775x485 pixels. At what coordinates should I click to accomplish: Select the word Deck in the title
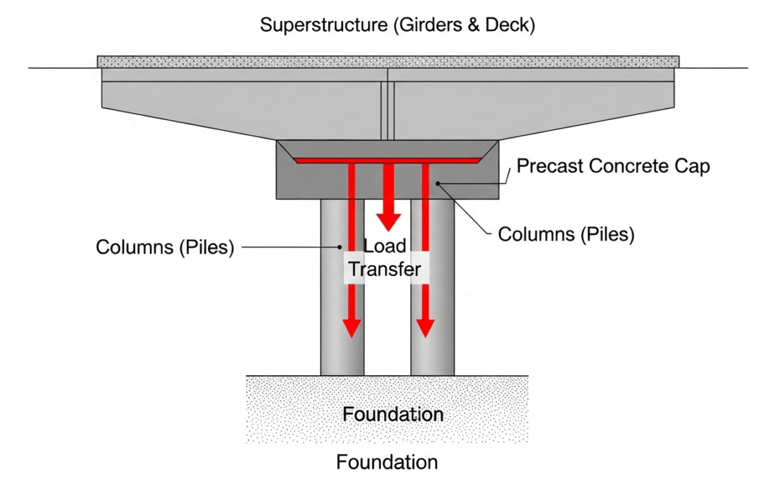[x=509, y=25]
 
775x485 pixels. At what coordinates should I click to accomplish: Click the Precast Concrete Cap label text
[x=614, y=167]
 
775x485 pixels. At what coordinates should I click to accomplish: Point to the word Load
[x=385, y=246]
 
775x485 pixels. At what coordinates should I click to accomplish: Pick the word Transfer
[x=384, y=270]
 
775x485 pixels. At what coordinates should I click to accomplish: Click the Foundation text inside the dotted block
[x=392, y=415]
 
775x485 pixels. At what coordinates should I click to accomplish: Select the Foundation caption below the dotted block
[x=387, y=462]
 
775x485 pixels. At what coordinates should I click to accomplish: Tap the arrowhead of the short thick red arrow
[x=388, y=218]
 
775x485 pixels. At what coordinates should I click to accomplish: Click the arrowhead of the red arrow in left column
[x=351, y=327]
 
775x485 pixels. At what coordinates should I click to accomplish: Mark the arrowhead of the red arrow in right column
[x=426, y=327]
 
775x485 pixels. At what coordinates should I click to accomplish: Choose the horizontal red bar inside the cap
[x=387, y=160]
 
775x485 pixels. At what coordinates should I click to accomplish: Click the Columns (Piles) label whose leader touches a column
[x=165, y=247]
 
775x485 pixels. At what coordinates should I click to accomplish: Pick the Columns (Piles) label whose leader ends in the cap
[x=566, y=234]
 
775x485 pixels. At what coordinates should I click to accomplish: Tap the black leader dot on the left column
[x=339, y=247]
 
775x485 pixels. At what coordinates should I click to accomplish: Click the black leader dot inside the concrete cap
[x=437, y=184]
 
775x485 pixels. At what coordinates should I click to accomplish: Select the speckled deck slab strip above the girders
[x=388, y=62]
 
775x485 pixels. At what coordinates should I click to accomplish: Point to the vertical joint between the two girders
[x=388, y=108]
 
